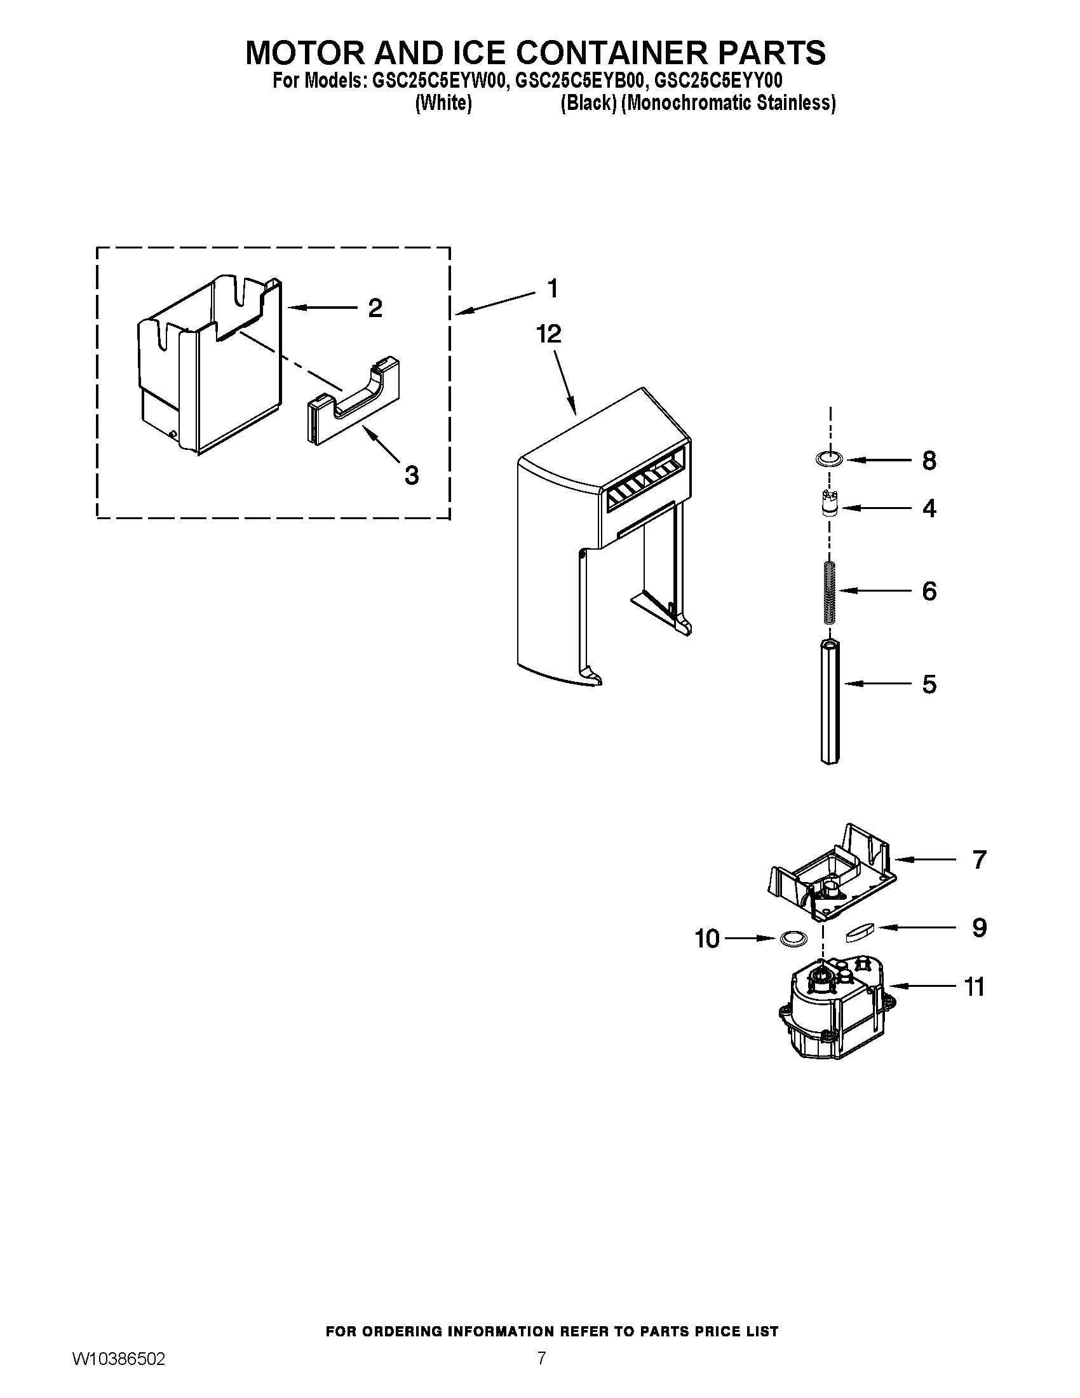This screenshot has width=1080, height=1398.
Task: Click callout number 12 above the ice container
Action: tap(549, 334)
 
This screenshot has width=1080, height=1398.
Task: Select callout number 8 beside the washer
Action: tap(929, 461)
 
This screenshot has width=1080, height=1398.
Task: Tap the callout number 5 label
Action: tap(929, 684)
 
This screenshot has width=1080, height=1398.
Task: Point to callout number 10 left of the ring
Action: tap(708, 939)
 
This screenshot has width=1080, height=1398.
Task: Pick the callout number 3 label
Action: tap(412, 475)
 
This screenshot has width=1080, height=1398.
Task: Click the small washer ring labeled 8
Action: tap(830, 458)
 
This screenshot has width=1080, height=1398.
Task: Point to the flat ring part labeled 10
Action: tap(793, 939)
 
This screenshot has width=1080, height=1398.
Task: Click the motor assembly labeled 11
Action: tap(832, 1012)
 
